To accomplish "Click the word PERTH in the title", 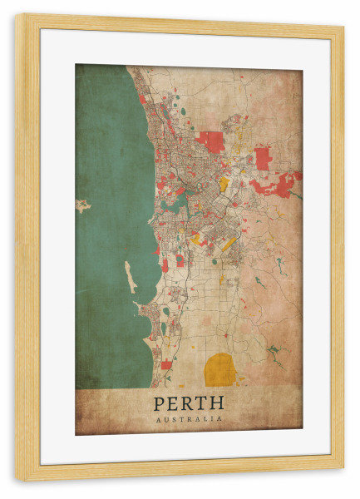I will (x=189, y=403).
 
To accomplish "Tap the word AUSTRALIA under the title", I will (x=189, y=419).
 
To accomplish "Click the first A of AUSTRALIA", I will (x=157, y=419).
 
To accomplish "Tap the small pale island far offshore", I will (x=82, y=205).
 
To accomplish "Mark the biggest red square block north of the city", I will (x=211, y=141).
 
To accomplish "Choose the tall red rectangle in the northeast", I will (x=263, y=157).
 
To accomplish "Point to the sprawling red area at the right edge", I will (x=278, y=185).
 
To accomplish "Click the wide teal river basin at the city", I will (x=175, y=200).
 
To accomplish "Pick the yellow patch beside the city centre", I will (x=223, y=184).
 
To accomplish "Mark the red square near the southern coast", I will (x=166, y=365).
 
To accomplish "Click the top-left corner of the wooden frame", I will (x=16, y=15).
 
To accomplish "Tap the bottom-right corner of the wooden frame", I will (x=343, y=481).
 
